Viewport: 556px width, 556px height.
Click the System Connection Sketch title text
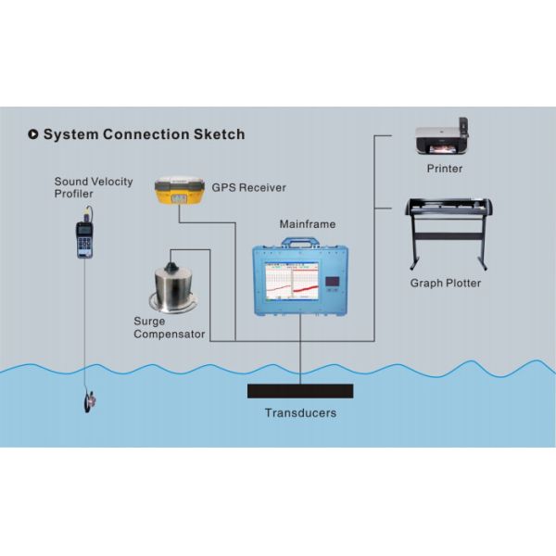click(144, 134)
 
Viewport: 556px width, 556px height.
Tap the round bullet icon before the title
click(33, 134)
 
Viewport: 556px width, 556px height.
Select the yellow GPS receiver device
click(179, 191)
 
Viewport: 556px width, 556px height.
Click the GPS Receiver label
click(248, 187)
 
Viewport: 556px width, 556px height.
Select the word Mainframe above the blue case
click(307, 224)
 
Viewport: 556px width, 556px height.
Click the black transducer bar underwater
click(300, 390)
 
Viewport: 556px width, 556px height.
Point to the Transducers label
click(300, 413)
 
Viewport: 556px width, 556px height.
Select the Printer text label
click(444, 169)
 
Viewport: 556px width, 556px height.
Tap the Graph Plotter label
click(445, 283)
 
